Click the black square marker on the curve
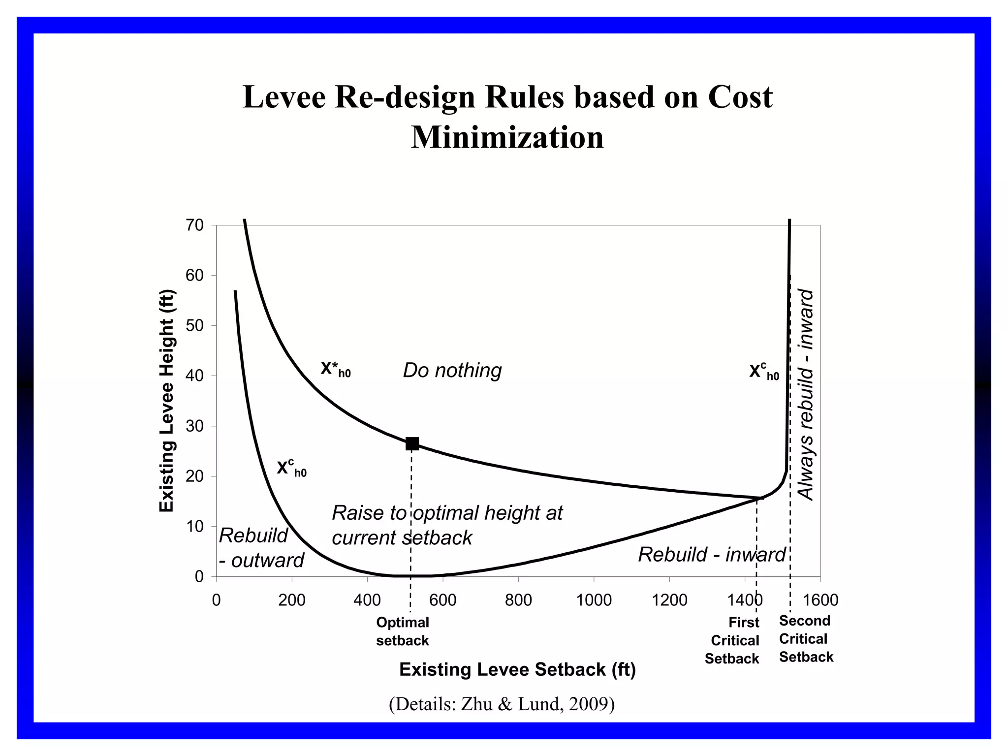pyautogui.click(x=412, y=443)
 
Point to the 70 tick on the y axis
pyautogui.click(x=195, y=225)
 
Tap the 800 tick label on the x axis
pyautogui.click(x=518, y=600)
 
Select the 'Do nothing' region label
pyautogui.click(x=452, y=370)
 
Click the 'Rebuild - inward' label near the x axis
pyautogui.click(x=712, y=554)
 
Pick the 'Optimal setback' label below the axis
pyautogui.click(x=403, y=631)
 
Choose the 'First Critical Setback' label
pyautogui.click(x=732, y=640)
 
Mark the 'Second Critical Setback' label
pyautogui.click(x=806, y=639)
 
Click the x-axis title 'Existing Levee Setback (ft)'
pyautogui.click(x=517, y=669)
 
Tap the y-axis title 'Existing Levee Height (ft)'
pyautogui.click(x=167, y=401)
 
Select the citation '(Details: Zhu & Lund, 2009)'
pyautogui.click(x=502, y=704)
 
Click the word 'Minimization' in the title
pyautogui.click(x=507, y=137)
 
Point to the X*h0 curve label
pyautogui.click(x=336, y=369)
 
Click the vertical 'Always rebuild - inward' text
pyautogui.click(x=805, y=394)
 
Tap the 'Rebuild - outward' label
pyautogui.click(x=261, y=547)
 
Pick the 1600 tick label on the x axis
pyautogui.click(x=820, y=600)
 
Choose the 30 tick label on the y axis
pyautogui.click(x=195, y=426)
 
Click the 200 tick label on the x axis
pyautogui.click(x=292, y=600)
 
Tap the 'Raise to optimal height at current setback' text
pyautogui.click(x=447, y=525)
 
